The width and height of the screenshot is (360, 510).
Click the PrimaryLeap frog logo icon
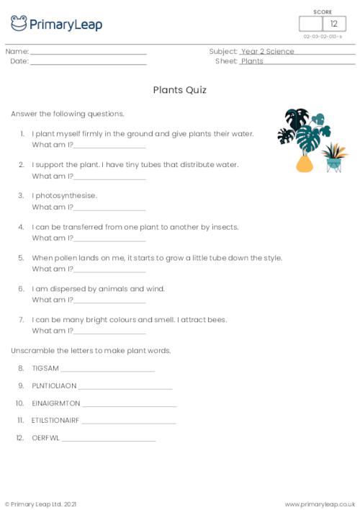point(19,24)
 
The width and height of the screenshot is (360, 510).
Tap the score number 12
point(333,24)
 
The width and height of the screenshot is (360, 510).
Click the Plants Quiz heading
point(179,90)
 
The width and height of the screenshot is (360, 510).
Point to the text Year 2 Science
point(268,52)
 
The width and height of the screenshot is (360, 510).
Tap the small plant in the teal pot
point(333,156)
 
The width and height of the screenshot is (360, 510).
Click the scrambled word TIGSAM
point(45,368)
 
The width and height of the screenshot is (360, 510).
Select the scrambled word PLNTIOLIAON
point(54,385)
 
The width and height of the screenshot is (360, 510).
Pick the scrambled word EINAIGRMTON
point(56,403)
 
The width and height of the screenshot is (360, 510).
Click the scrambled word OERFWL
point(45,437)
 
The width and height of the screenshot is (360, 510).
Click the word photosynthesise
point(66,195)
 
